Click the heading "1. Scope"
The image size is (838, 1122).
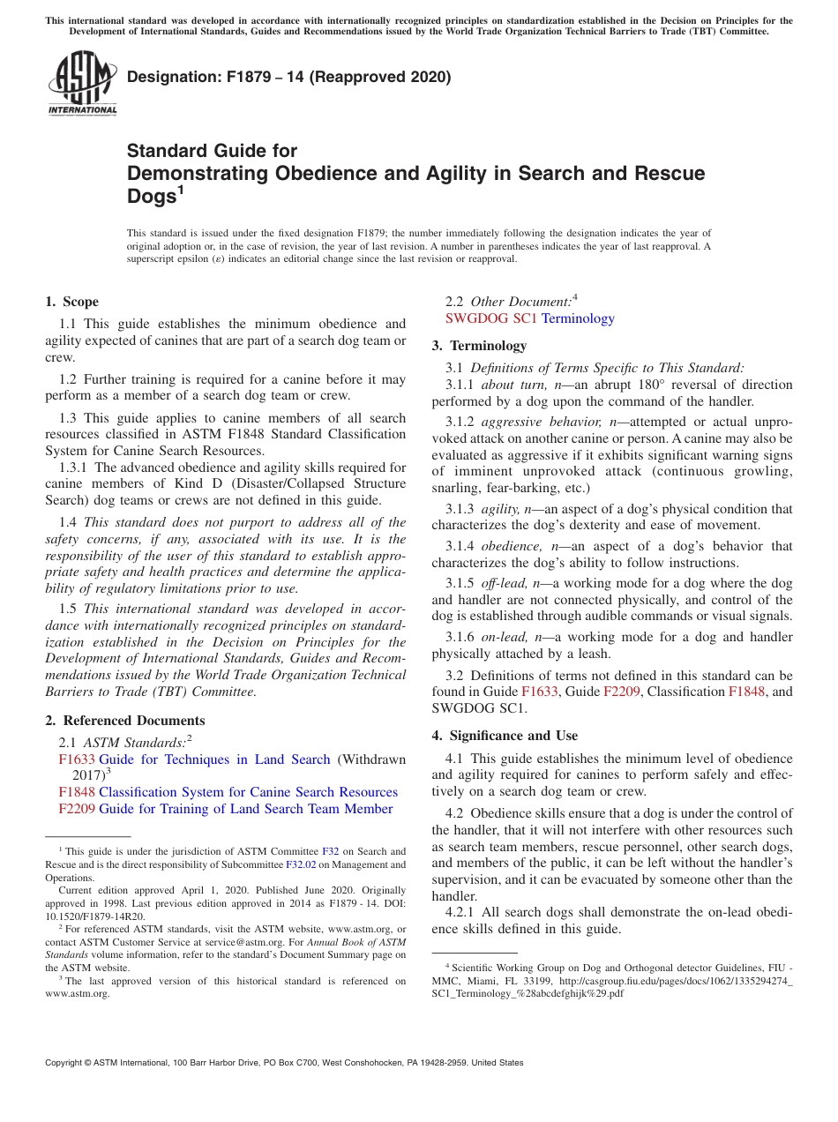click(x=72, y=302)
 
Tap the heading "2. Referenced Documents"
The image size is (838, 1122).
click(x=125, y=721)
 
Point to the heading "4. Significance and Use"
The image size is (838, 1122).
click(x=505, y=736)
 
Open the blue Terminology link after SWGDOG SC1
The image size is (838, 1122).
click(x=578, y=318)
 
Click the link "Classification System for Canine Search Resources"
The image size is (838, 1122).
click(x=248, y=792)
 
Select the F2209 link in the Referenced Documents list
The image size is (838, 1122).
click(x=77, y=809)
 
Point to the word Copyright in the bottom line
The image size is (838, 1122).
click(x=64, y=1063)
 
